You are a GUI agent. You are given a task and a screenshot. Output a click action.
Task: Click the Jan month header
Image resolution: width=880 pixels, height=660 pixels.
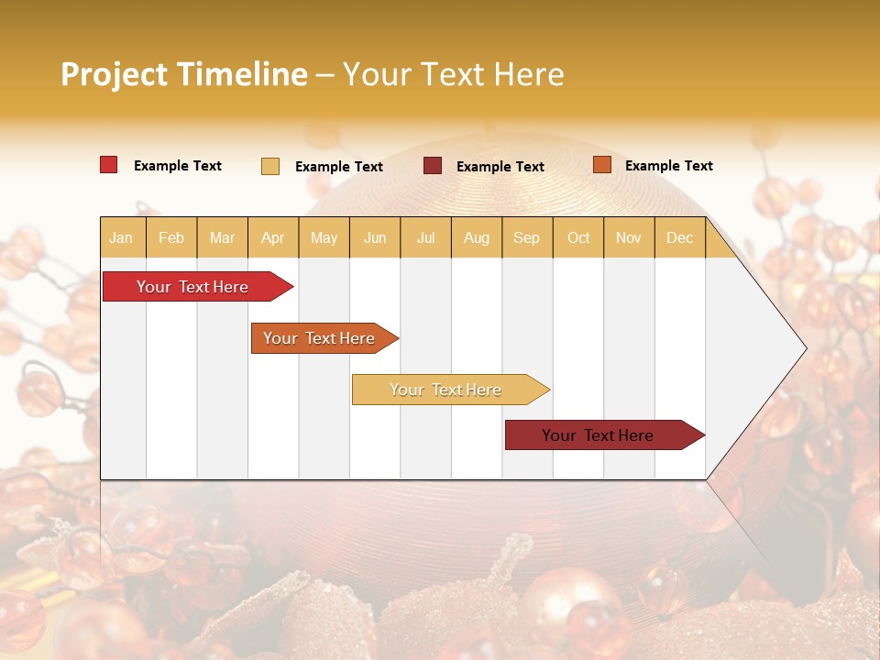[121, 238]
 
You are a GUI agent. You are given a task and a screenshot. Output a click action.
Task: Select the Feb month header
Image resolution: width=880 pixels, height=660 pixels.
[171, 238]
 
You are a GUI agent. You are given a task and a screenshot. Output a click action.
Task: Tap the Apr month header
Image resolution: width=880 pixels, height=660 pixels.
[272, 238]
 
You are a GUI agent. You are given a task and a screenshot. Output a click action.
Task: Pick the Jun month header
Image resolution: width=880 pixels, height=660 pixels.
[375, 238]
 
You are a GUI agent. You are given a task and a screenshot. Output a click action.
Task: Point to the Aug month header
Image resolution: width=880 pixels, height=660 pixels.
[476, 238]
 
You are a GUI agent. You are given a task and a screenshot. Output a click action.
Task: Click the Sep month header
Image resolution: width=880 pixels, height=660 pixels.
[526, 238]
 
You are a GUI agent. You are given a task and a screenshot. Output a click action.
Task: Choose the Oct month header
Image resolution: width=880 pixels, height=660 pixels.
[578, 238]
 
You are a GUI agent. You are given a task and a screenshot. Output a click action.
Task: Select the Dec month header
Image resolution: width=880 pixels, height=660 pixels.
[679, 238]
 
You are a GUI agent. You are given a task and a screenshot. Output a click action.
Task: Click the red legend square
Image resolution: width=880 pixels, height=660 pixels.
[109, 165]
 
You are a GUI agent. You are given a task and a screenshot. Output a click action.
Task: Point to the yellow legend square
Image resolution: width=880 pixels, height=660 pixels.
[270, 166]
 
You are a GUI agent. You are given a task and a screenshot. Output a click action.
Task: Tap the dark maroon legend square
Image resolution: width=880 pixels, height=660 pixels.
[433, 166]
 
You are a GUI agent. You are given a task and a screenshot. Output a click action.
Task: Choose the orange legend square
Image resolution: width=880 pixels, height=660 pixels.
[601, 165]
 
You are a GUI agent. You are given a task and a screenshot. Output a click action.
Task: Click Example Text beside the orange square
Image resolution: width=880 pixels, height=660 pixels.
[668, 166]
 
